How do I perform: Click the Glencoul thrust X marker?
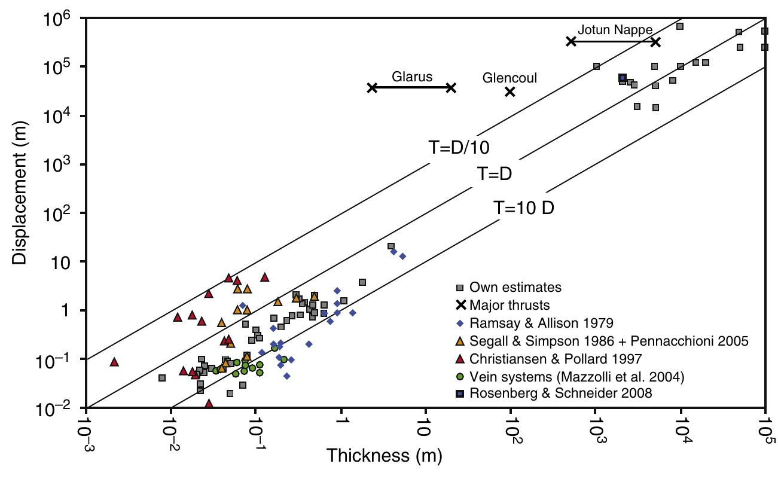coord(510,91)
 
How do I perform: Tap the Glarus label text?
coord(412,77)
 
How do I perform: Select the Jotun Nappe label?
coord(615,29)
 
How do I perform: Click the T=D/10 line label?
coord(460,148)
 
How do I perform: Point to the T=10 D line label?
coord(524,208)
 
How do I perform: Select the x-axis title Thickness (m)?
coord(384,456)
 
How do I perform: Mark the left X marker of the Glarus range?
coord(372,87)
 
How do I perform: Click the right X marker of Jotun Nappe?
coord(655,42)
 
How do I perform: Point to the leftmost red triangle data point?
coord(114,362)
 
